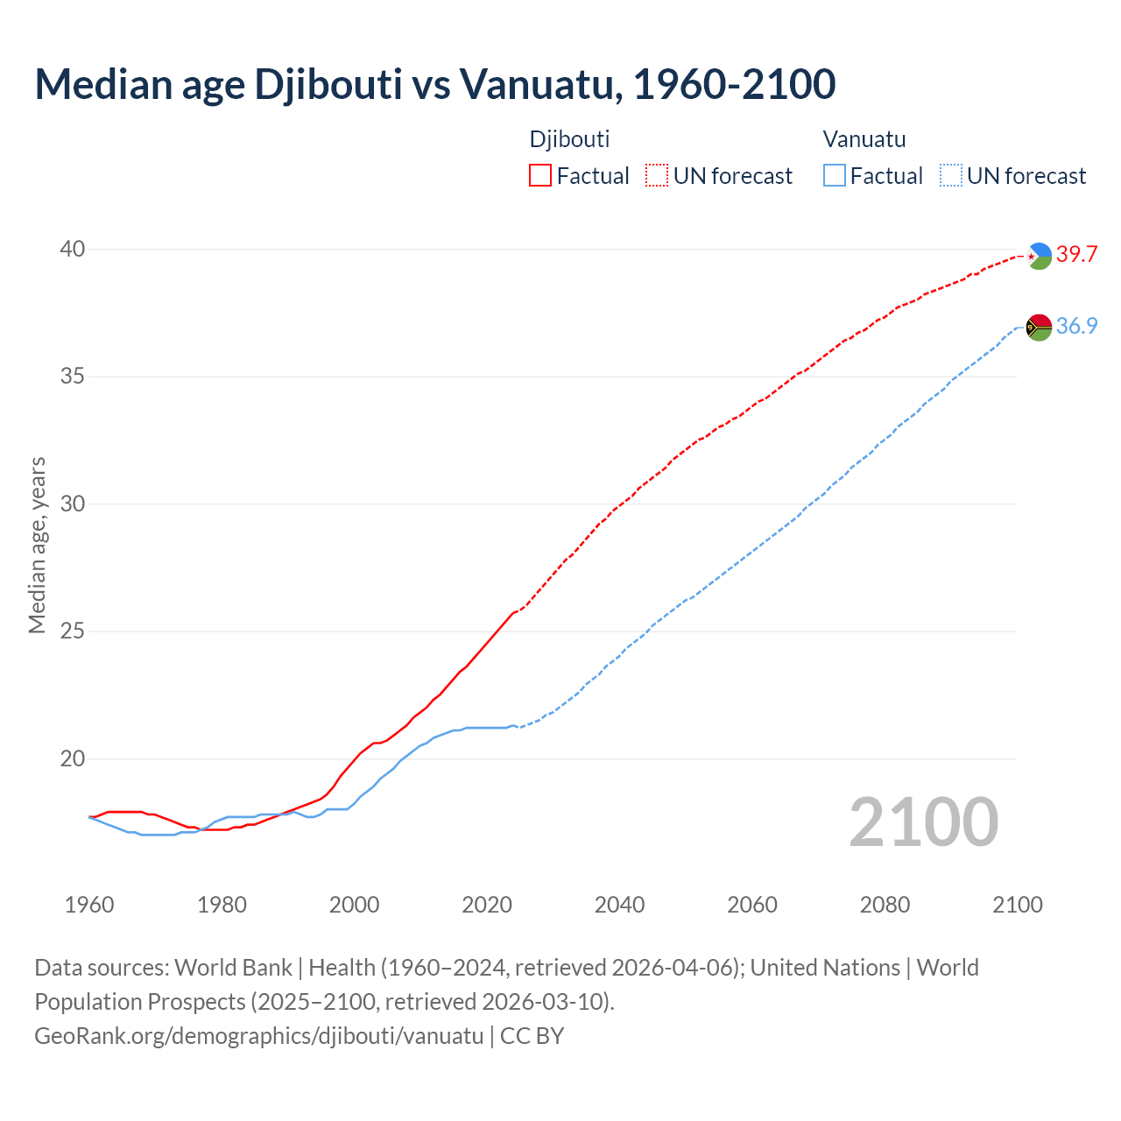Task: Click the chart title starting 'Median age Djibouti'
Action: pyautogui.click(x=435, y=84)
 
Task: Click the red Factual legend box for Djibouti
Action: pyautogui.click(x=540, y=175)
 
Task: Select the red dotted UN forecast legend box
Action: pyautogui.click(x=657, y=175)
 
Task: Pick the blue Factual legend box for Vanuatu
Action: pyautogui.click(x=835, y=175)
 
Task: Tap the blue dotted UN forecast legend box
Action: pyautogui.click(x=950, y=175)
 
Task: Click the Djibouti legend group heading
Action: pyautogui.click(x=569, y=139)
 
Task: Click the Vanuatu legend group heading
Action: pyautogui.click(x=864, y=139)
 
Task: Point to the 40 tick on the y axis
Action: pyautogui.click(x=72, y=250)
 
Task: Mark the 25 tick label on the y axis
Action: pyautogui.click(x=72, y=631)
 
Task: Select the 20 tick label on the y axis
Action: pyautogui.click(x=72, y=759)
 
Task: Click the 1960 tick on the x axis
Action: pyautogui.click(x=89, y=905)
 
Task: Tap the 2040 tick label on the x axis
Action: pyautogui.click(x=619, y=905)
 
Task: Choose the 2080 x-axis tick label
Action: pyautogui.click(x=885, y=905)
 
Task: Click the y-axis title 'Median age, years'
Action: pyautogui.click(x=37, y=545)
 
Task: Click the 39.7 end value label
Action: pyautogui.click(x=1076, y=255)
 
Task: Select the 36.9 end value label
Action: pyautogui.click(x=1076, y=327)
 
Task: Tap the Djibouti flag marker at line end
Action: pyautogui.click(x=1039, y=256)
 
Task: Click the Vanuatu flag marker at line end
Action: pyautogui.click(x=1039, y=328)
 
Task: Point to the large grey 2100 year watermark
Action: pyautogui.click(x=923, y=822)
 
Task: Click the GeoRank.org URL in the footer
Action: pyautogui.click(x=258, y=1036)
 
